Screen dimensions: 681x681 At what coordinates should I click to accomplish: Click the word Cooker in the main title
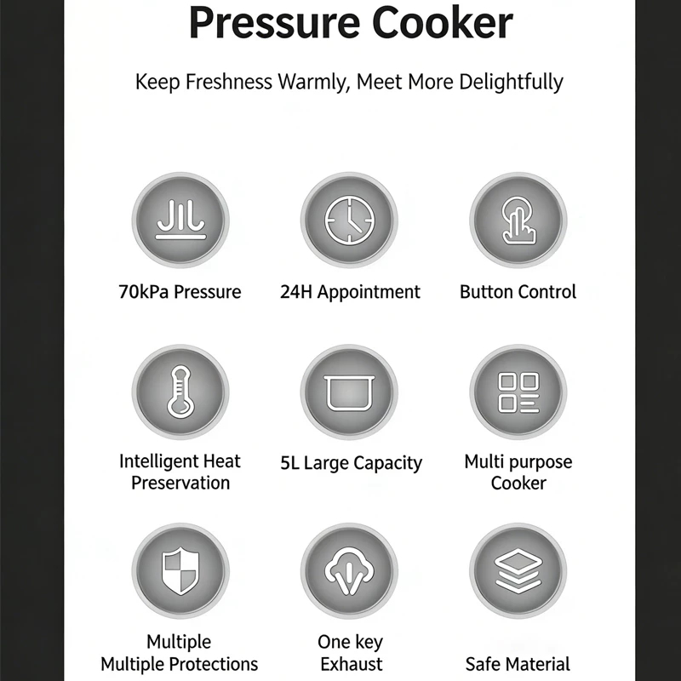tap(443, 23)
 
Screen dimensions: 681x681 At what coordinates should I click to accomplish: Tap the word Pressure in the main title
tap(275, 23)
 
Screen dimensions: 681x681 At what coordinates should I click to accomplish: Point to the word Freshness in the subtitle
tap(229, 82)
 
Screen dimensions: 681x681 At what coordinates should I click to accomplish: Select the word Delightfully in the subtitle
tap(512, 82)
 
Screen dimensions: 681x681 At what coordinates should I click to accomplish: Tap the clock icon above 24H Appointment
tap(349, 220)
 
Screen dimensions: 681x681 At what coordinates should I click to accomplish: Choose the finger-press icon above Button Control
tap(518, 220)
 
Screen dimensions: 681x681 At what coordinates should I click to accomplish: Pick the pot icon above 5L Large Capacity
tap(349, 393)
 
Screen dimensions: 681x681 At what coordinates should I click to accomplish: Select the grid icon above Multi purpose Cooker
tap(518, 392)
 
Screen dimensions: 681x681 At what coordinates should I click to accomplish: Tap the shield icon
tap(180, 571)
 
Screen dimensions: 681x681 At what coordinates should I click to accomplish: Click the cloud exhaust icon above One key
tap(349, 571)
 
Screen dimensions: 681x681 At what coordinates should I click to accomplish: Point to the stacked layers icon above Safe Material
tap(518, 571)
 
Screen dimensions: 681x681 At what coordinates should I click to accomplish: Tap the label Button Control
tap(518, 292)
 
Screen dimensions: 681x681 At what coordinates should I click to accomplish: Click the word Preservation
tap(180, 483)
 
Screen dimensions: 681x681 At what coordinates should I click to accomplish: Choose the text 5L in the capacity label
tap(289, 463)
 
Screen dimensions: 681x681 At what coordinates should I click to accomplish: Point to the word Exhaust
tap(352, 665)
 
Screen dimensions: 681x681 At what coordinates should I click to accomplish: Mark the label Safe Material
tap(518, 665)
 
